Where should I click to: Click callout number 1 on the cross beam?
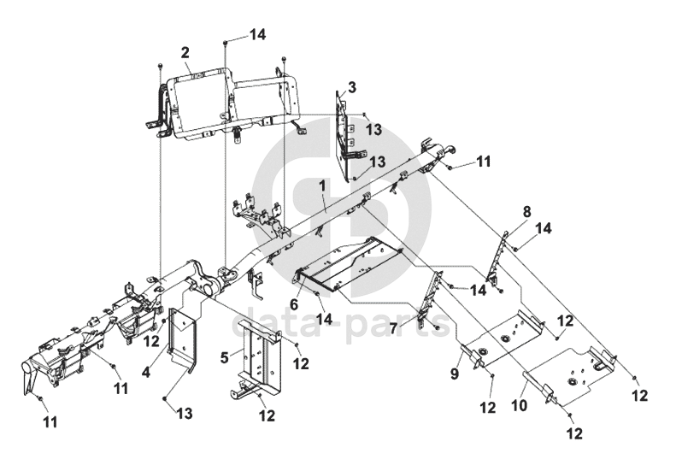[x=322, y=185]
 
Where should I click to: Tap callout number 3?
[x=351, y=87]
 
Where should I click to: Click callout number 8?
[x=526, y=210]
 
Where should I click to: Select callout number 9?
[x=456, y=374]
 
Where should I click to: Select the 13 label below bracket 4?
[x=185, y=414]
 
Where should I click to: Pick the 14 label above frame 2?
[x=257, y=35]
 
